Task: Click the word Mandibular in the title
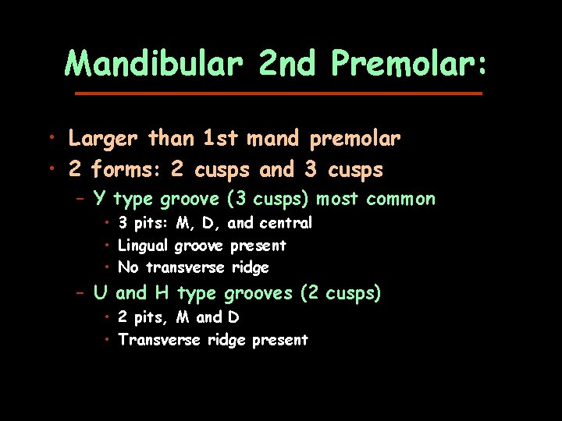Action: (x=154, y=63)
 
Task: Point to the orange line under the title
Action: (x=278, y=94)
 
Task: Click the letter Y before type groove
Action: (x=99, y=199)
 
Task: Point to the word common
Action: (x=400, y=199)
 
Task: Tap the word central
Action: (x=286, y=223)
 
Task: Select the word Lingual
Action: (x=143, y=246)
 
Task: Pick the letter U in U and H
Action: (x=100, y=293)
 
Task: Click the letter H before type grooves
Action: (x=162, y=293)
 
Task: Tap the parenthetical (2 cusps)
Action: (x=342, y=294)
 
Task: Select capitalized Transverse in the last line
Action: (x=159, y=340)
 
